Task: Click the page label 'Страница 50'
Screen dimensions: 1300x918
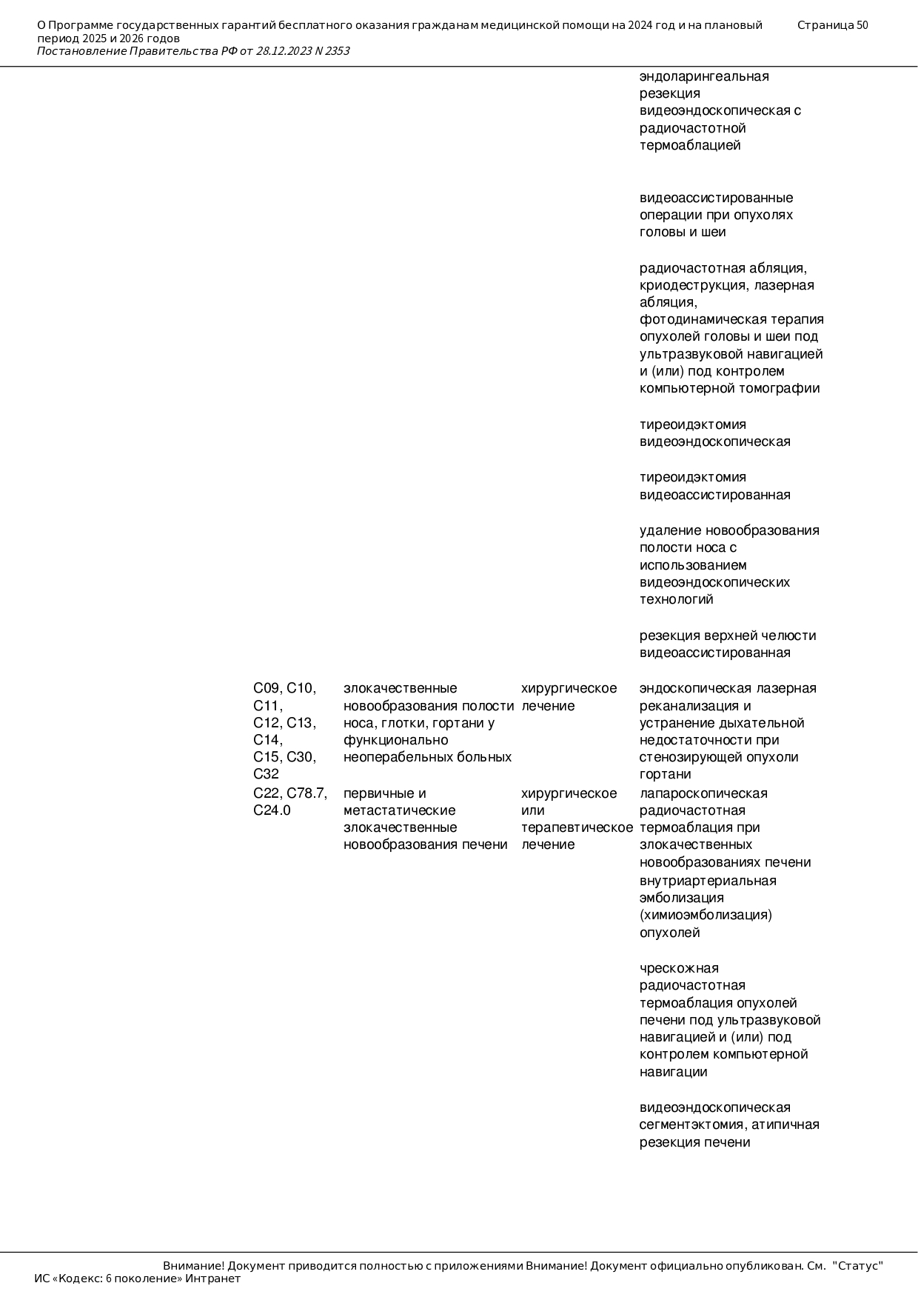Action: pos(832,25)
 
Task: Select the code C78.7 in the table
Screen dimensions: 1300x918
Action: pos(306,793)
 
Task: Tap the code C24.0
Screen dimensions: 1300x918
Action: pos(272,810)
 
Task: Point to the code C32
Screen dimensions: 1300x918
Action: pos(266,774)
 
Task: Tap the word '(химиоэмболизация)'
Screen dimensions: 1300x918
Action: pos(706,915)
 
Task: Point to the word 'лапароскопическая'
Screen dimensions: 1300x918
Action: pos(703,793)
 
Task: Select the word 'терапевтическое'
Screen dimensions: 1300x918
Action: pos(577,827)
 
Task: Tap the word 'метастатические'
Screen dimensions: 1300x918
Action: pos(399,810)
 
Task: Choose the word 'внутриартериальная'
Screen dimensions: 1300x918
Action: pos(708,881)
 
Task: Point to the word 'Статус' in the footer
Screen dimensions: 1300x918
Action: pos(858,1266)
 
